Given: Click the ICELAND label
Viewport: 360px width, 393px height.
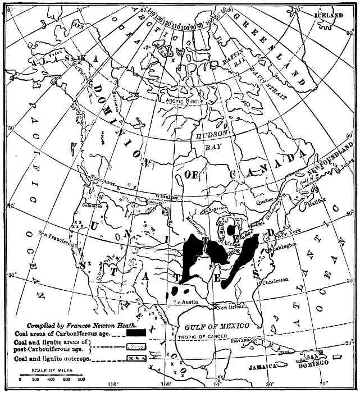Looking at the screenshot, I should (x=328, y=16).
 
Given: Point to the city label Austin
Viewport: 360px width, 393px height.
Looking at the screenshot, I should (x=188, y=302).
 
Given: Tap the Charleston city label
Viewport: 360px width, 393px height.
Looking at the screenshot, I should (x=275, y=280).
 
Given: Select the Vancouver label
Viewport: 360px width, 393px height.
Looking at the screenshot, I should (x=102, y=183).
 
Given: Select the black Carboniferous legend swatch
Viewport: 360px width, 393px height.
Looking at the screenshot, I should (x=136, y=332).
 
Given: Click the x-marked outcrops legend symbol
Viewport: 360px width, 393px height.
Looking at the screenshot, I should (x=136, y=358).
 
